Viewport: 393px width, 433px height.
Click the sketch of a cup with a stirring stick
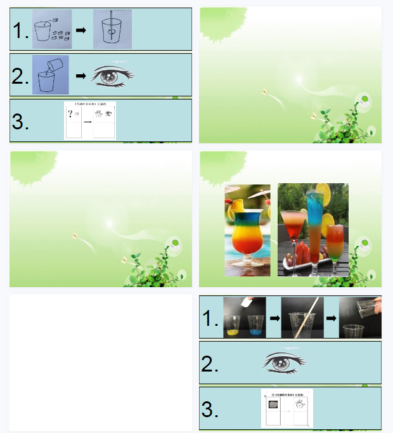pyautogui.click(x=112, y=30)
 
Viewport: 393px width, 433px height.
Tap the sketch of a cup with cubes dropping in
pyautogui.click(x=51, y=29)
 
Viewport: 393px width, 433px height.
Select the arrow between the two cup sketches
pyautogui.click(x=81, y=30)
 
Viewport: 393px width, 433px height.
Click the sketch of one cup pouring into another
pyautogui.click(x=50, y=75)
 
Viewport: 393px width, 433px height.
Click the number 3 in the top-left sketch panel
pyautogui.click(x=20, y=122)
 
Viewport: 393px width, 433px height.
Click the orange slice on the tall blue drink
pyautogui.click(x=323, y=190)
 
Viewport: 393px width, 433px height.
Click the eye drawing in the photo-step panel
pyautogui.click(x=284, y=363)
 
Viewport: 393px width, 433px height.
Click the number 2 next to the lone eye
pyautogui.click(x=210, y=364)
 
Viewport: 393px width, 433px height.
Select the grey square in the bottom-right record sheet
pyautogui.click(x=273, y=404)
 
